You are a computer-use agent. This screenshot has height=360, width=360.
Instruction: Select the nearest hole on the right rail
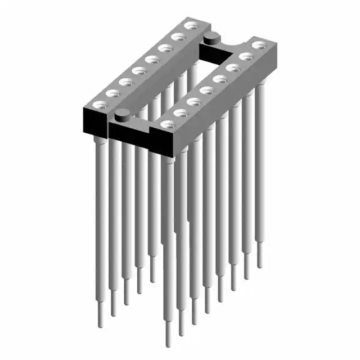click(168, 124)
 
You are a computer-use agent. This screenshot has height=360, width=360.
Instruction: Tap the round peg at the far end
click(211, 38)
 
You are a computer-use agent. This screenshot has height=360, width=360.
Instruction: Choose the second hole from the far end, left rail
click(179, 37)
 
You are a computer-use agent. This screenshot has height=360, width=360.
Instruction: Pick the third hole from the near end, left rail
click(127, 82)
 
